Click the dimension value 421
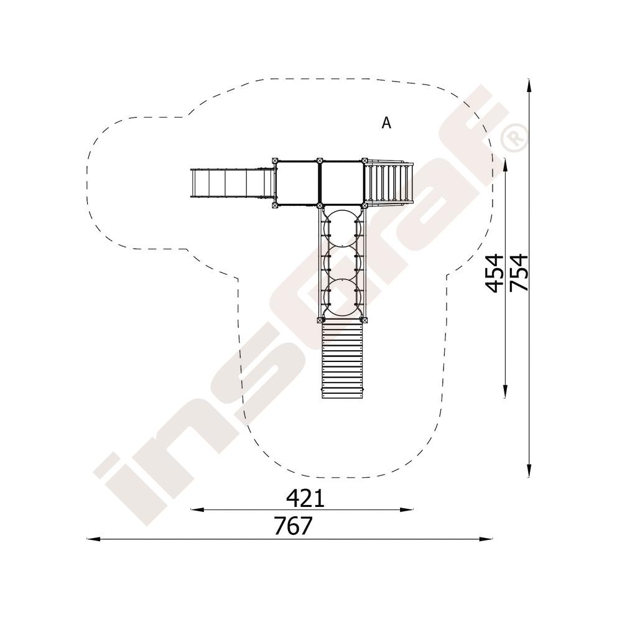[305, 498]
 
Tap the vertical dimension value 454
[495, 273]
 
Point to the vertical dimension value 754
[519, 272]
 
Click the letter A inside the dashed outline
[386, 123]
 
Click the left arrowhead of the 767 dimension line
[93, 539]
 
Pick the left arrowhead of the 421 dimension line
[198, 509]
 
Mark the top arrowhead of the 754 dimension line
[529, 85]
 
